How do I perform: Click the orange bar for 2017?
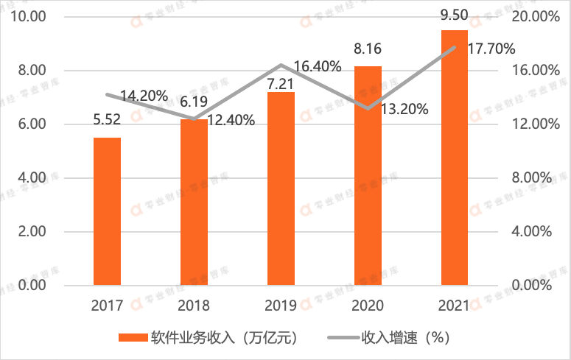click(107, 211)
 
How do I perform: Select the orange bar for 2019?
click(281, 188)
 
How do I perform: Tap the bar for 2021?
click(455, 157)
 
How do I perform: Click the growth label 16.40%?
click(317, 67)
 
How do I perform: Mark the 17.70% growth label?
click(489, 49)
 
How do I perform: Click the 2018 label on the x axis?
click(194, 306)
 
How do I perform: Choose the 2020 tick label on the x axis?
click(368, 306)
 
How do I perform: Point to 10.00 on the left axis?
click(28, 17)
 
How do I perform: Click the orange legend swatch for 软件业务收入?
click(132, 338)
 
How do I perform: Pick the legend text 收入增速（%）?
click(404, 338)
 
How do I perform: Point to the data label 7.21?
click(281, 77)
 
